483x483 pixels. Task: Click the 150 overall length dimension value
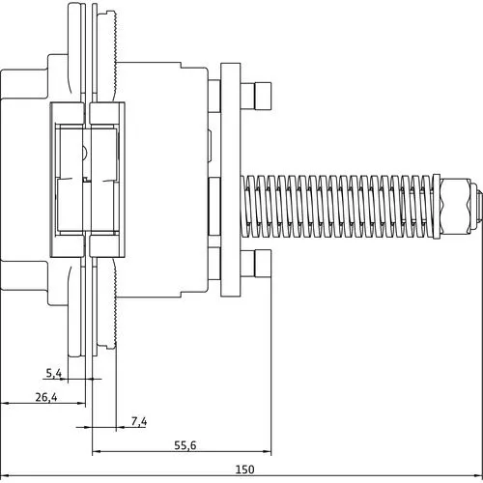244,469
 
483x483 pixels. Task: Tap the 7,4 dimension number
137,421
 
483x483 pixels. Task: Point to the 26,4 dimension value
44,396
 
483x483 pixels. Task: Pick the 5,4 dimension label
55,372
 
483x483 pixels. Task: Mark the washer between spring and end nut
445,206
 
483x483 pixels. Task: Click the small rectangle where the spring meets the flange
213,205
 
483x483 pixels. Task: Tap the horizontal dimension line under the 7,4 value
135,428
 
